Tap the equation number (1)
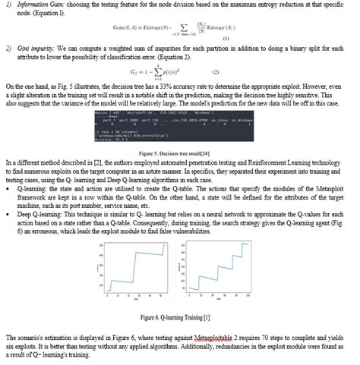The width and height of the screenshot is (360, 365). pos(226,38)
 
